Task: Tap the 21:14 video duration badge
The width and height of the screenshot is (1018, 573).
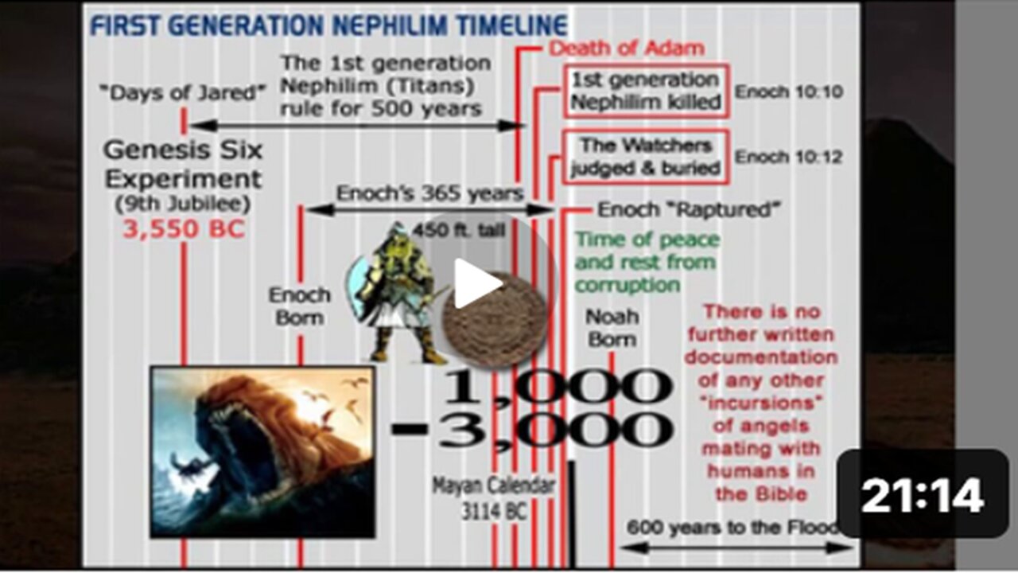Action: (923, 495)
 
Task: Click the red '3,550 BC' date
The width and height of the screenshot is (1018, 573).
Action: (184, 229)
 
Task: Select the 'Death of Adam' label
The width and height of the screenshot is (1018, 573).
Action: (627, 48)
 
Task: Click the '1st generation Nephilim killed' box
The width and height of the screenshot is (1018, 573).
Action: (646, 92)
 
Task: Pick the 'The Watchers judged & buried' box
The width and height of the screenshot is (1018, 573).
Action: (646, 157)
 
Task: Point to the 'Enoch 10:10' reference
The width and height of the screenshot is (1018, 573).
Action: (789, 92)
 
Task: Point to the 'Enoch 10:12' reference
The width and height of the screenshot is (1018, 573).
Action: (789, 157)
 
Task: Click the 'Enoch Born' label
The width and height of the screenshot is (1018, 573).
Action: (300, 306)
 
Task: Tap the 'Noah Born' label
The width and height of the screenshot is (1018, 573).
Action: (612, 328)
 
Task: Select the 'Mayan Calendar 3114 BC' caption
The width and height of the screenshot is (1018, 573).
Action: (494, 498)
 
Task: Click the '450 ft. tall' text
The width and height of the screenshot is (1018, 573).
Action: (459, 231)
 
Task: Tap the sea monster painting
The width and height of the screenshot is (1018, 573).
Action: (263, 451)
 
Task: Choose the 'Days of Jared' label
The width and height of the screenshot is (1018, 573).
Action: (183, 93)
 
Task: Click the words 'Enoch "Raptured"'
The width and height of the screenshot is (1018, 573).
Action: (689, 209)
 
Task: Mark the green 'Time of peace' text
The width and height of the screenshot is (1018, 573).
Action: (647, 240)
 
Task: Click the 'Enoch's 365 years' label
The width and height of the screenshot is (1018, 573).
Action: (430, 193)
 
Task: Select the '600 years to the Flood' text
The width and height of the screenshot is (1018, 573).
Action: (732, 528)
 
